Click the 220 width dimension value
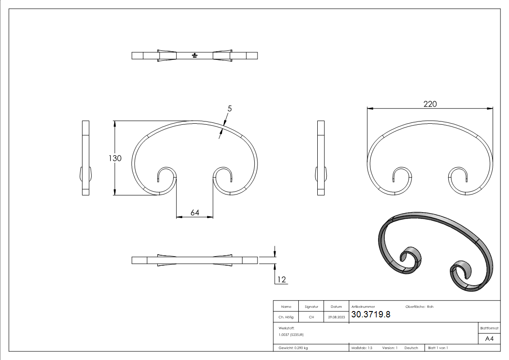pos(430,104)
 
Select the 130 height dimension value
pos(115,158)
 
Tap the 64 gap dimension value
pos(195,213)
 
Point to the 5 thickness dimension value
pos(230,109)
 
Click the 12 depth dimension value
pos(281,280)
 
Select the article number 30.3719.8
pos(371,315)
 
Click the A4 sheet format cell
pos(490,339)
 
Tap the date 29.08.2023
pos(336,317)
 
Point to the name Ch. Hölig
pos(286,317)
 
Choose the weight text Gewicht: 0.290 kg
pos(293,348)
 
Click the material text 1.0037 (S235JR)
pos(291,335)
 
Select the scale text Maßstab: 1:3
pos(362,348)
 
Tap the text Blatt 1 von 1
pos(438,348)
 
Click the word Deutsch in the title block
pos(411,348)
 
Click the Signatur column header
pos(311,307)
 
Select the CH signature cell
pos(311,317)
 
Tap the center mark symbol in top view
pos(194,56)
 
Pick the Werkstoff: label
pos(286,327)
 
